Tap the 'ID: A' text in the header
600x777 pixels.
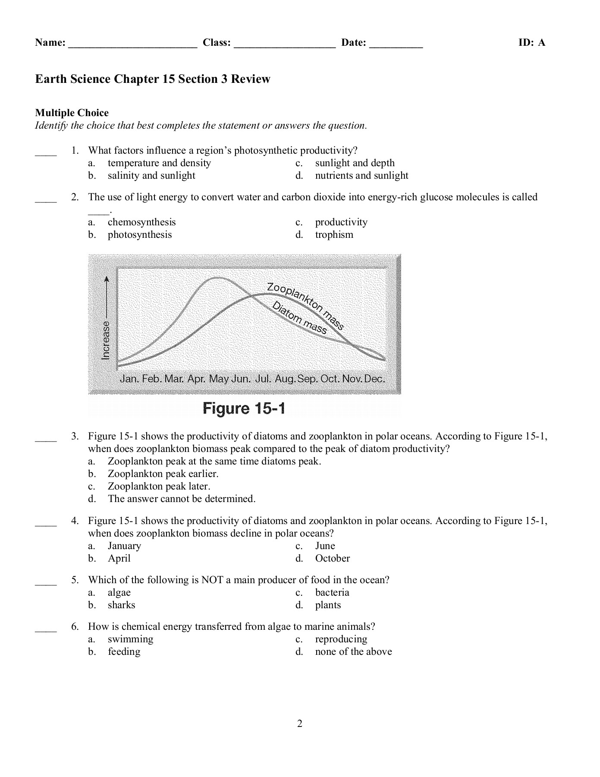coord(531,42)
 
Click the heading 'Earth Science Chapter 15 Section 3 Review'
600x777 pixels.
coord(153,79)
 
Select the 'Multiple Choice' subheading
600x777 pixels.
coord(72,113)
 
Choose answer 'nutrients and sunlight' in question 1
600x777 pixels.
coord(361,175)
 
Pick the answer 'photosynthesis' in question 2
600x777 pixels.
coord(139,234)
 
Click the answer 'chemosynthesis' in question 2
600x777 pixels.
coord(141,222)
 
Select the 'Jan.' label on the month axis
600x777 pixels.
coord(129,379)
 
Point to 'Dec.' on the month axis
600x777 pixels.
coord(374,379)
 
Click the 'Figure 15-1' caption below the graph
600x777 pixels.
coord(244,408)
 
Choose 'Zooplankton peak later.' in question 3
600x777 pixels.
coord(159,486)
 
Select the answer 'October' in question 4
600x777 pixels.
coord(332,558)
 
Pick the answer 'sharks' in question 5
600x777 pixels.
coord(121,605)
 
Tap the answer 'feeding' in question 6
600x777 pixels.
coord(124,651)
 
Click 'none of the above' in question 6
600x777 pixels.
coord(353,651)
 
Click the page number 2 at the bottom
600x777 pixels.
coord(300,723)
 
